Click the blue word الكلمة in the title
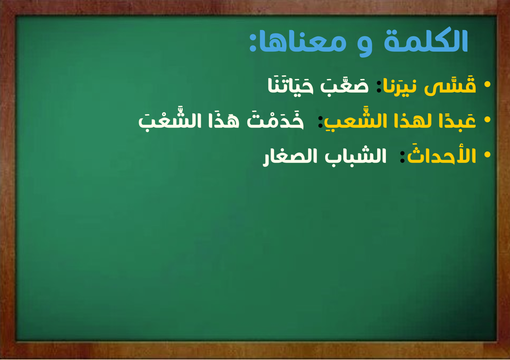(x=426, y=41)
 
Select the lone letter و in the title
(x=364, y=46)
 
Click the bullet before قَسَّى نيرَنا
(x=487, y=84)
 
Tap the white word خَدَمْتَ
(x=275, y=121)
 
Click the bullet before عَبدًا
(x=487, y=120)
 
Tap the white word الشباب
(x=355, y=156)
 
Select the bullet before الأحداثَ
(x=487, y=155)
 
